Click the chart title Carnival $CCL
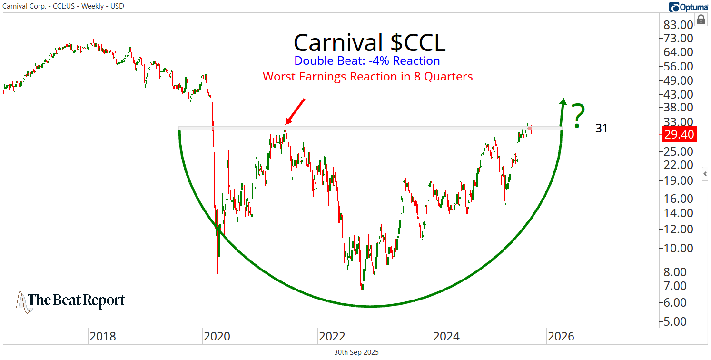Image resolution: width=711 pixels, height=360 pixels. (369, 42)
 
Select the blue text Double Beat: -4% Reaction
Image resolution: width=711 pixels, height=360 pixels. (367, 61)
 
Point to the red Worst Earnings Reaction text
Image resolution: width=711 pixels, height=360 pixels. (367, 76)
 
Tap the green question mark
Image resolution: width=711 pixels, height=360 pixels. (577, 116)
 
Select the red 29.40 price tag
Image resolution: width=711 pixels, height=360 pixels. (680, 135)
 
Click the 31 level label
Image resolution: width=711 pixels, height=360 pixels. (601, 128)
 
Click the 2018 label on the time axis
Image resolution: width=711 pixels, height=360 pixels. (102, 337)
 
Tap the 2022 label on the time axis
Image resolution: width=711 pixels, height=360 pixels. (332, 337)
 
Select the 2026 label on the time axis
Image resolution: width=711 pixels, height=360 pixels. (561, 337)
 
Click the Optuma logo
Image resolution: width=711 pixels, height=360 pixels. (688, 7)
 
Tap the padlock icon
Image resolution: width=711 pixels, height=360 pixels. (701, 20)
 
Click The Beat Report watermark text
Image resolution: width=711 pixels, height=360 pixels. (76, 300)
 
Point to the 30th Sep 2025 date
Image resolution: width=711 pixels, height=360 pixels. (356, 352)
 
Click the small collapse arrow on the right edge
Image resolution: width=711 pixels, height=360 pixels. (705, 174)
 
